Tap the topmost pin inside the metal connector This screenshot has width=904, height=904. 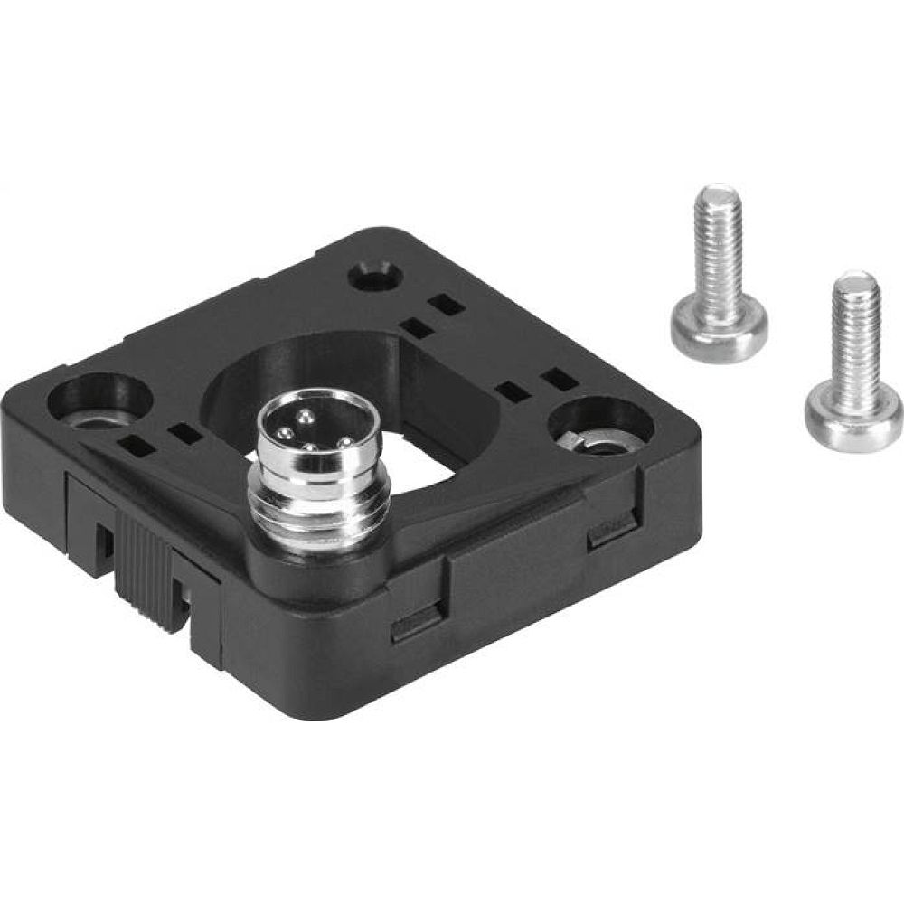coord(305,416)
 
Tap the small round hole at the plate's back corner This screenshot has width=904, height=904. coord(373,276)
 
